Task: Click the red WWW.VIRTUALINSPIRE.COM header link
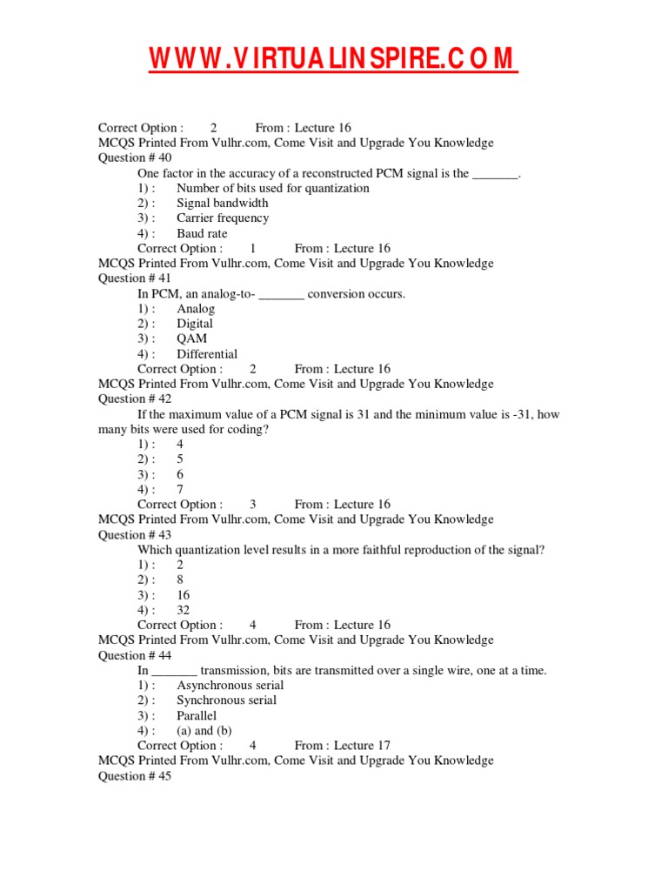[334, 59]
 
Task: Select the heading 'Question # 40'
[135, 157]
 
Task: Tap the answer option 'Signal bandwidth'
[222, 203]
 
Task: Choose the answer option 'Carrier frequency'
[223, 218]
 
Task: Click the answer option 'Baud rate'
[202, 233]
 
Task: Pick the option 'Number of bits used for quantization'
[272, 188]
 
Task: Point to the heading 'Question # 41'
[135, 278]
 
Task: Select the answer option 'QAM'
[191, 338]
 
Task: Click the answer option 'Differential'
[207, 354]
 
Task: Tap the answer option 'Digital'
[195, 324]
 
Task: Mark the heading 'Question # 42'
[135, 399]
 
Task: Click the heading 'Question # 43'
[135, 535]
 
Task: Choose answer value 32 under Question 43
[183, 610]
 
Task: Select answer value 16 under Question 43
[183, 595]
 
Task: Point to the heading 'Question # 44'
[135, 655]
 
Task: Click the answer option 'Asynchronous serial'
[230, 685]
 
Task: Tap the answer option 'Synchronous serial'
[226, 700]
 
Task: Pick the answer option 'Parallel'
[197, 715]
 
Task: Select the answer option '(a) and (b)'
[204, 731]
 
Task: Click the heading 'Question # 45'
[135, 776]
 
